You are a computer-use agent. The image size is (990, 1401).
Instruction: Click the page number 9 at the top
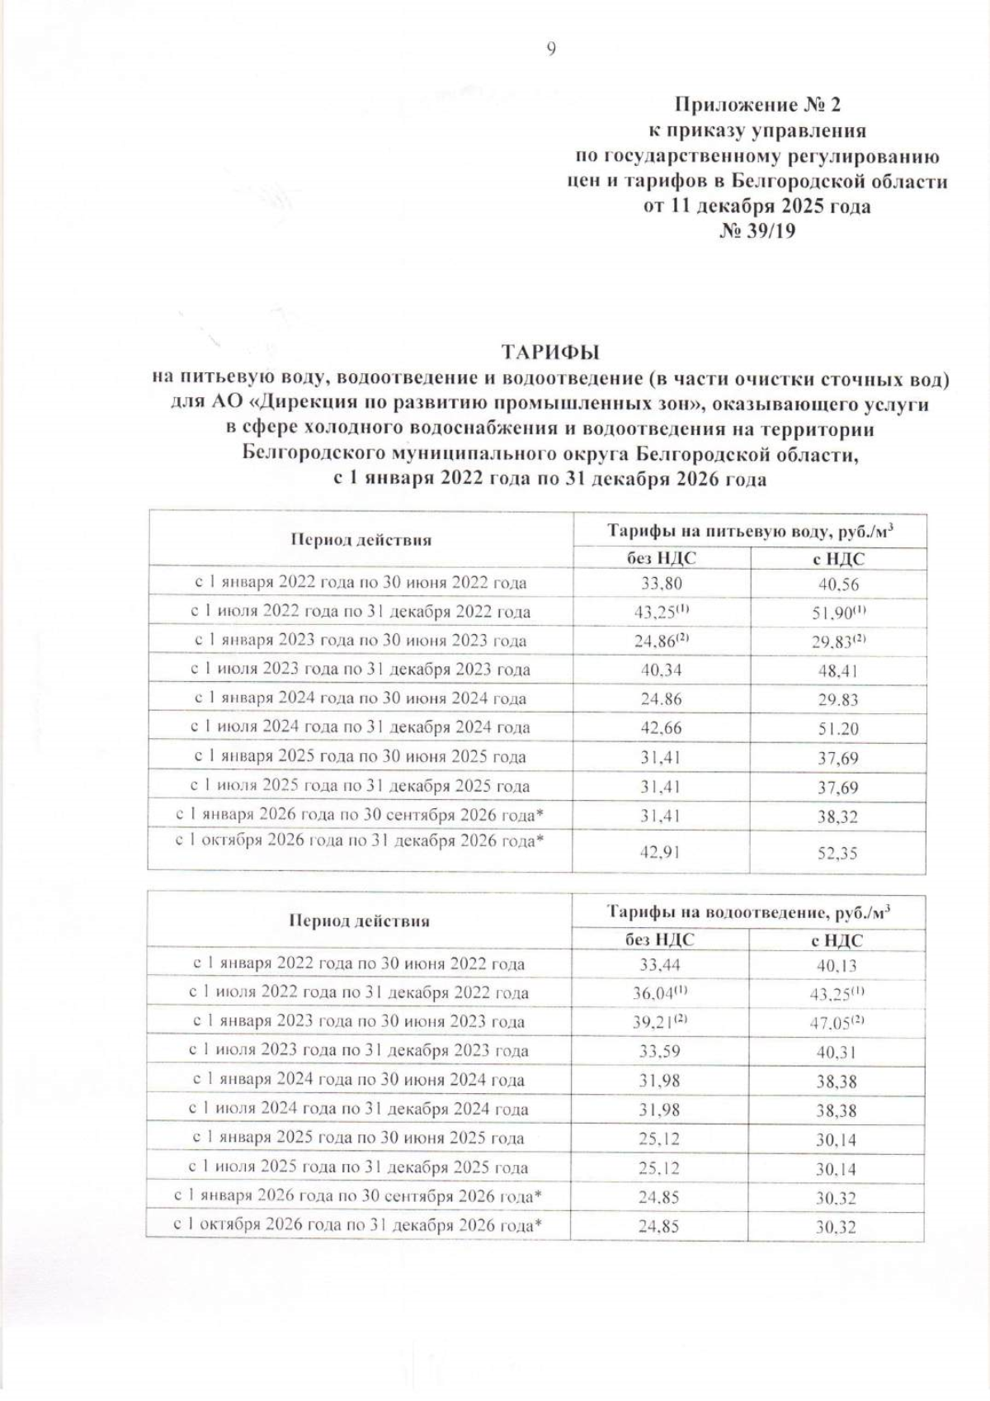[x=551, y=50]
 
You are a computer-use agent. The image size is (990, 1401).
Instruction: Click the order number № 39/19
[x=757, y=231]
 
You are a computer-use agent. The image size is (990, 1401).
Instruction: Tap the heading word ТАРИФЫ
[x=550, y=352]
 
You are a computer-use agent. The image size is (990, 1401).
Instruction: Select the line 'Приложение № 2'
[x=757, y=105]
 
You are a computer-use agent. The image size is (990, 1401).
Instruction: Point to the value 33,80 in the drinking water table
[x=662, y=584]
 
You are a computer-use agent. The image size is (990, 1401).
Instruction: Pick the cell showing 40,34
[x=662, y=670]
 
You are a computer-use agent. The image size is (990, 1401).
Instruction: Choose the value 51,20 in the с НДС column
[x=837, y=729]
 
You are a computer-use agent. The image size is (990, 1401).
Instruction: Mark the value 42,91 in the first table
[x=661, y=852]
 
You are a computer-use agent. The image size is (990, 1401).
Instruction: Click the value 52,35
[x=837, y=853]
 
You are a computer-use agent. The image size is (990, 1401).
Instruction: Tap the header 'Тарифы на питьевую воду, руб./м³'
[x=750, y=531]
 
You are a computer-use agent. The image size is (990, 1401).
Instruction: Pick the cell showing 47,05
[x=836, y=1023]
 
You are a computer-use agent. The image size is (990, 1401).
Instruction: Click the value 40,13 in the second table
[x=836, y=965]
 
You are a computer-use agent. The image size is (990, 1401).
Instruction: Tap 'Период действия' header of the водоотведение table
[x=359, y=921]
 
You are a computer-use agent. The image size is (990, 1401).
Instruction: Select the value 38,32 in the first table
[x=837, y=817]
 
